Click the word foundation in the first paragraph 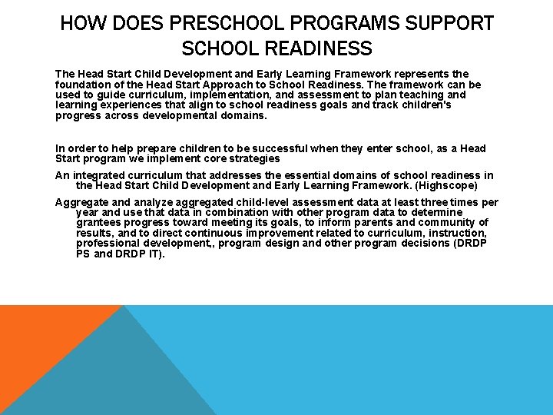pyautogui.click(x=84, y=85)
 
